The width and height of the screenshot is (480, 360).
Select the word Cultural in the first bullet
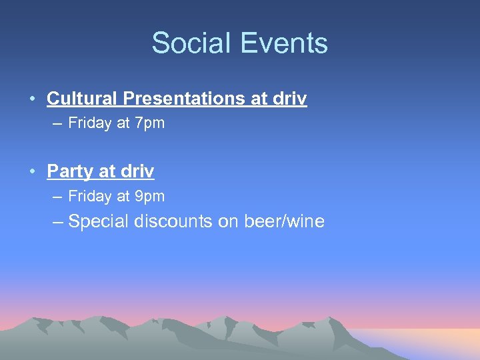(x=82, y=99)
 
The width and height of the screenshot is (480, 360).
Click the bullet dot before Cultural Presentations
(x=32, y=99)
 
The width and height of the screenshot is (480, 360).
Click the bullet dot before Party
(x=32, y=172)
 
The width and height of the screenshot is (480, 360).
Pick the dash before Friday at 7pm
(x=56, y=123)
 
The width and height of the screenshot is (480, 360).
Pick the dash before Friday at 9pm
(x=56, y=197)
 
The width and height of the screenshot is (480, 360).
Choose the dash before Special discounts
(x=57, y=221)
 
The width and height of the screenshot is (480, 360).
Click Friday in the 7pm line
(x=87, y=123)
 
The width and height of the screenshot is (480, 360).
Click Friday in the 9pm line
(x=87, y=197)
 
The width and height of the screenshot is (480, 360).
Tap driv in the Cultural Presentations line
(x=289, y=99)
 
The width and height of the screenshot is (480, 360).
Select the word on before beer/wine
(x=227, y=221)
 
